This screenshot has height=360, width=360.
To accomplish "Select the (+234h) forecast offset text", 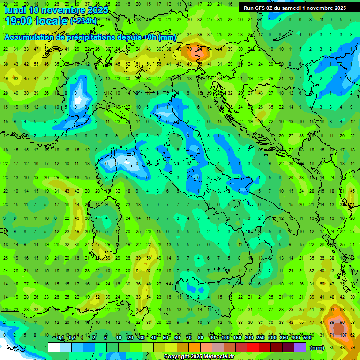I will click(x=83, y=21).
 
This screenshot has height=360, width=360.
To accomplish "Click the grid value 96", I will click(x=342, y=323).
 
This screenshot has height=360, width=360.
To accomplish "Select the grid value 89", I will click(x=332, y=323).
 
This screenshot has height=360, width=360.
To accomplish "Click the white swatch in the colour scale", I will click(x=54, y=347).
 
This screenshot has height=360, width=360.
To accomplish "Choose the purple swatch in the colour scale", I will click(x=300, y=347).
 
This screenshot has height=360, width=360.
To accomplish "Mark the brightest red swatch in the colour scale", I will click(x=253, y=347).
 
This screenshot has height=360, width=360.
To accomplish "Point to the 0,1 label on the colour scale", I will click(x=60, y=338).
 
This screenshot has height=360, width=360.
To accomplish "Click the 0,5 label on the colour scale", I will click(x=72, y=338).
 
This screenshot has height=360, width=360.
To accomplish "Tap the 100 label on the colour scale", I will click(x=225, y=338).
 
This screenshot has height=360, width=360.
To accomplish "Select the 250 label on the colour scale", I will click(x=261, y=338).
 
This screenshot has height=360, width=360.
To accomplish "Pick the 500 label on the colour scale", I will click(x=307, y=338).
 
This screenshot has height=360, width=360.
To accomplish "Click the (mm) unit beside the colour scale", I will click(x=317, y=348).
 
